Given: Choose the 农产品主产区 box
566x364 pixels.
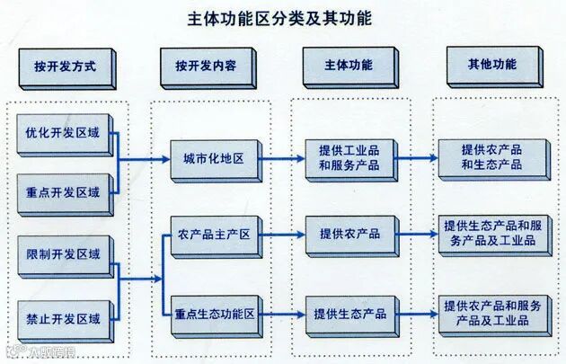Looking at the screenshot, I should point(215,235).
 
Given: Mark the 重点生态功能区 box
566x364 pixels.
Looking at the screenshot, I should point(215,314).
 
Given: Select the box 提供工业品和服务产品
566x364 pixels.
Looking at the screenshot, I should point(349,158).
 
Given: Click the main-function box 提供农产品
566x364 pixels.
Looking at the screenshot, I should point(349,235).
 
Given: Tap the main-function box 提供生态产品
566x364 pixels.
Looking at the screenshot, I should point(349,314).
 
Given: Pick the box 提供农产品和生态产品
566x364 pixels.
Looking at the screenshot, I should point(491,158).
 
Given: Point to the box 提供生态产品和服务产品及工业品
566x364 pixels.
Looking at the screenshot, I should point(491,233).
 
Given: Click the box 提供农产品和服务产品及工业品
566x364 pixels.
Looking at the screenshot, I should point(491,313).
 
